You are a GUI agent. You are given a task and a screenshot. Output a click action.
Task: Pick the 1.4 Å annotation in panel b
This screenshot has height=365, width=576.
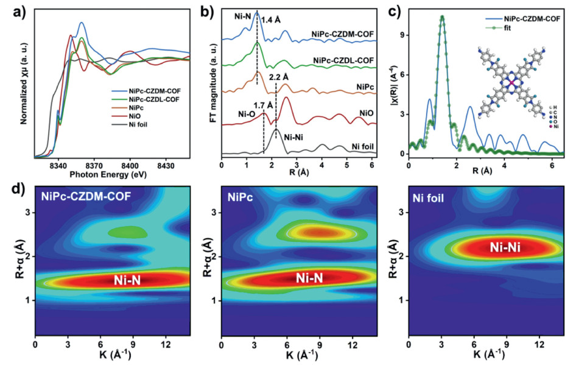click(x=271, y=20)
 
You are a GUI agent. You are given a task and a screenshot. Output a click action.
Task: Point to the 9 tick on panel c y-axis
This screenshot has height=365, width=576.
click(x=402, y=35)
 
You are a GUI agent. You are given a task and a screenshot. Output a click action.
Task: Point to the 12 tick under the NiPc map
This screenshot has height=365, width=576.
click(x=352, y=346)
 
